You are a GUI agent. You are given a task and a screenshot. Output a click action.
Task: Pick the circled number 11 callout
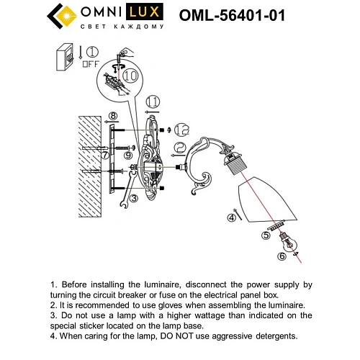(153, 102)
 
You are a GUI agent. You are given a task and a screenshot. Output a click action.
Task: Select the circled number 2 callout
(179, 147)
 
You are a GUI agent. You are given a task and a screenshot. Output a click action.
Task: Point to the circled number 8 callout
(112, 116)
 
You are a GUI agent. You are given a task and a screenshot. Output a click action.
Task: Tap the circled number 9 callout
(127, 154)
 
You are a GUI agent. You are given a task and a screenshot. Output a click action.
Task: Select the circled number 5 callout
(266, 235)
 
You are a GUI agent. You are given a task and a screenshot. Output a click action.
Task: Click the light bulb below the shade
(289, 243)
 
